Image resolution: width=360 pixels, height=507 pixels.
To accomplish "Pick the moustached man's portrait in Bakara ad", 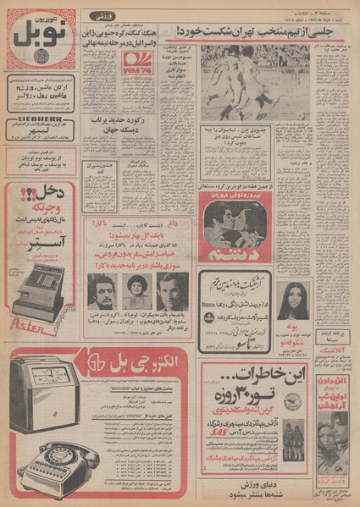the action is pos(102,290).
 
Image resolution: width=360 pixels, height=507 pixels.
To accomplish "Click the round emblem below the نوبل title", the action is pos(42,66).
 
